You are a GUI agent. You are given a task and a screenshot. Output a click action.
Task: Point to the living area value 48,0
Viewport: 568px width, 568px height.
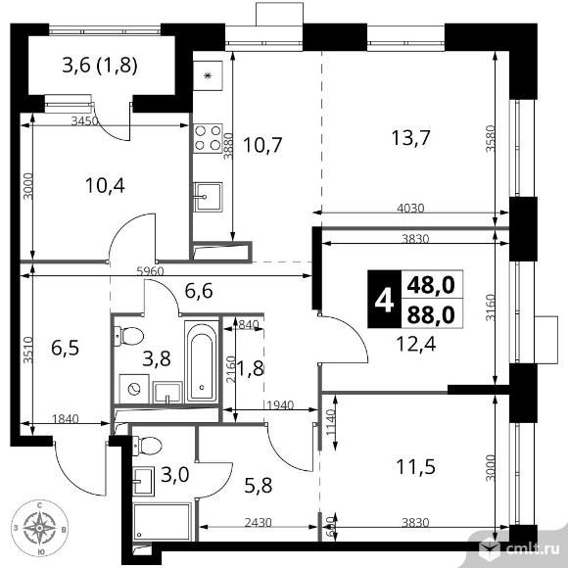click(435, 285)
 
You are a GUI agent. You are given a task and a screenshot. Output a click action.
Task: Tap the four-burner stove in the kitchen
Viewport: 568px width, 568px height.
click(208, 136)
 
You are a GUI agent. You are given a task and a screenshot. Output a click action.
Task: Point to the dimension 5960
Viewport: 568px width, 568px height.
click(150, 270)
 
